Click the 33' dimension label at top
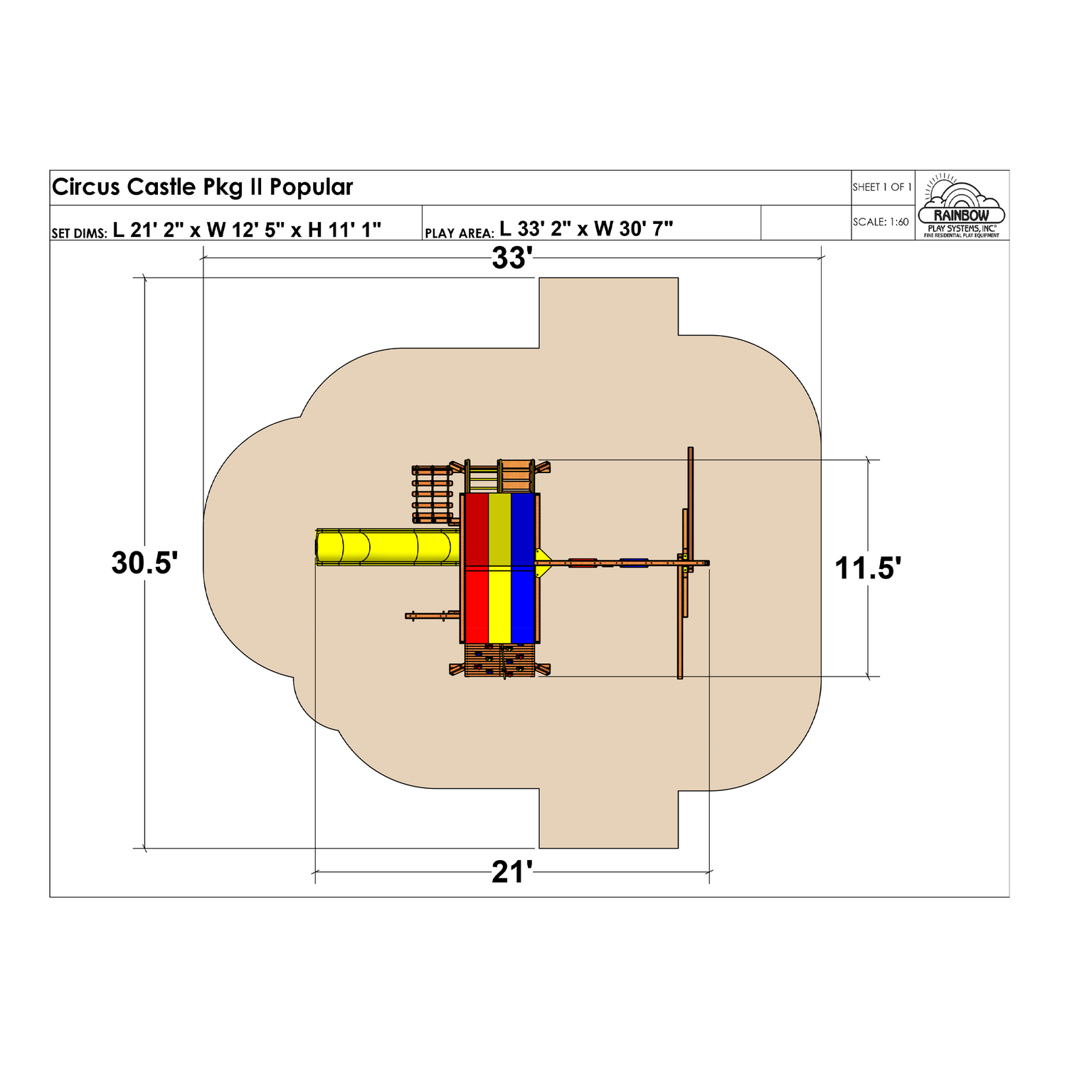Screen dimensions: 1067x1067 click(512, 258)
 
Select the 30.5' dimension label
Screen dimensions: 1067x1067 click(144, 563)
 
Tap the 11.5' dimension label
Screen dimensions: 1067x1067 click(868, 568)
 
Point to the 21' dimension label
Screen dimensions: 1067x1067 click(512, 872)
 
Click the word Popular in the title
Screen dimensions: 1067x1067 click(311, 187)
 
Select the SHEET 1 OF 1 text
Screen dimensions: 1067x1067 click(882, 187)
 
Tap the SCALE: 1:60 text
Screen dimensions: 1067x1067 click(881, 222)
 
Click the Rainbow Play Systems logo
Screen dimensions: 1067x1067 click(961, 206)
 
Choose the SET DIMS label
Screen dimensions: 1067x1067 click(79, 233)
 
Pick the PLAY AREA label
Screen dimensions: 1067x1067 click(459, 233)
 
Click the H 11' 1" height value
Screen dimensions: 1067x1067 click(344, 229)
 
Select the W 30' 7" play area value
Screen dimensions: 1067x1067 click(633, 228)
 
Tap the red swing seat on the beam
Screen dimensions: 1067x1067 click(583, 563)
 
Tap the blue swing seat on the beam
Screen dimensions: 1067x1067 click(633, 563)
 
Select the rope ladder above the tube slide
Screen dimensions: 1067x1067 click(432, 494)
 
